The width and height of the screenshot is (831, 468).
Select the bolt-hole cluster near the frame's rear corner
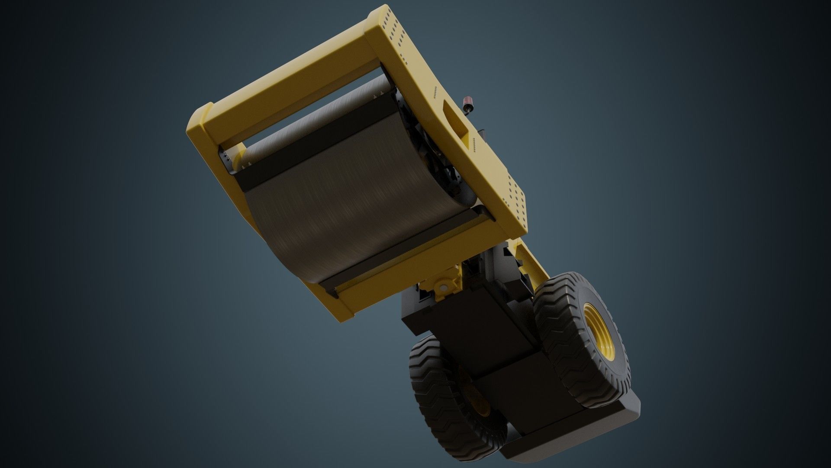[x=515, y=199]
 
